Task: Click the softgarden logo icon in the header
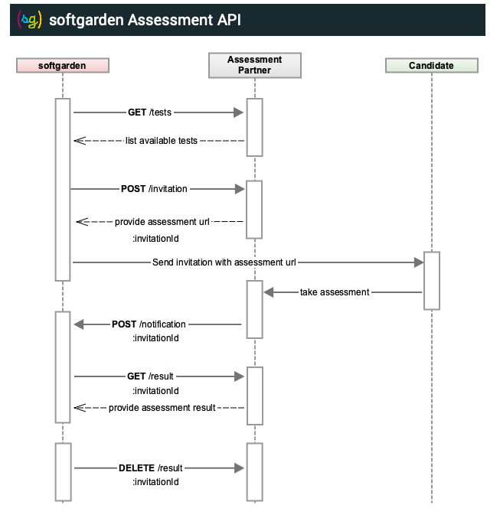pyautogui.click(x=29, y=20)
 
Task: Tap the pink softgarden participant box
pyautogui.click(x=63, y=65)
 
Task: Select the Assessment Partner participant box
pyautogui.click(x=255, y=65)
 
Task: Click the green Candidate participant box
pyautogui.click(x=432, y=65)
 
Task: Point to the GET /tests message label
pyautogui.click(x=149, y=112)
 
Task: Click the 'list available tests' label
pyautogui.click(x=162, y=141)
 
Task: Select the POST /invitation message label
pyautogui.click(x=154, y=189)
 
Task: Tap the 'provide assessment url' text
pyautogui.click(x=162, y=222)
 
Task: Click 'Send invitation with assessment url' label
pyautogui.click(x=224, y=262)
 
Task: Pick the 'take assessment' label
pyautogui.click(x=335, y=292)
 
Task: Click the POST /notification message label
pyautogui.click(x=149, y=324)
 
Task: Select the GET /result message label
pyautogui.click(x=150, y=376)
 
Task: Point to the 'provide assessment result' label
pyautogui.click(x=162, y=408)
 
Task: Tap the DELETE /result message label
pyautogui.click(x=151, y=468)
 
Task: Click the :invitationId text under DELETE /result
pyautogui.click(x=155, y=482)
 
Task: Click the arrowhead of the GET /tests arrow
pyautogui.click(x=238, y=112)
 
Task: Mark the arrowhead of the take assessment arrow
pyautogui.click(x=269, y=292)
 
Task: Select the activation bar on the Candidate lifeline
pyautogui.click(x=432, y=281)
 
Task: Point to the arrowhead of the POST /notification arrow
pyautogui.click(x=79, y=324)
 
